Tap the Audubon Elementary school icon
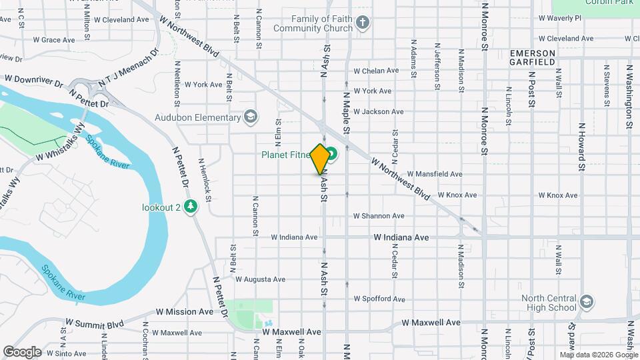250,118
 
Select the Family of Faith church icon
362,23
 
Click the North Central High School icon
586,301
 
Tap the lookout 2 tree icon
191,207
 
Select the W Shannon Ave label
379,216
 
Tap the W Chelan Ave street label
376,71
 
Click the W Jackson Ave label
379,112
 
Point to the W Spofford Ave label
379,299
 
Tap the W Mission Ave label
185,311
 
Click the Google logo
22,352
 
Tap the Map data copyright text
599,355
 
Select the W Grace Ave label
58,40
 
